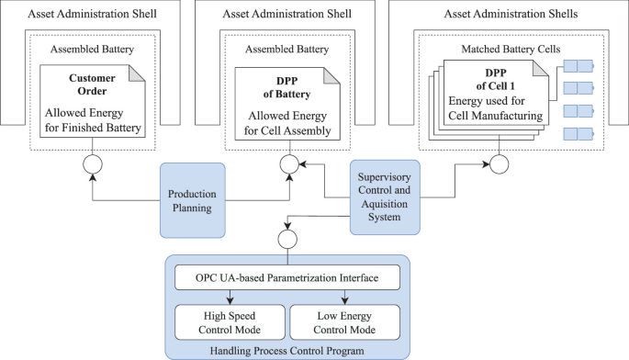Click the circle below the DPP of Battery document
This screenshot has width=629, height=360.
pyautogui.click(x=286, y=165)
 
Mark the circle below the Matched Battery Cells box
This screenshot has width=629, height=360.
pyautogui.click(x=500, y=165)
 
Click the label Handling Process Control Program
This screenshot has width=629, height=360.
pyautogui.click(x=286, y=350)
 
